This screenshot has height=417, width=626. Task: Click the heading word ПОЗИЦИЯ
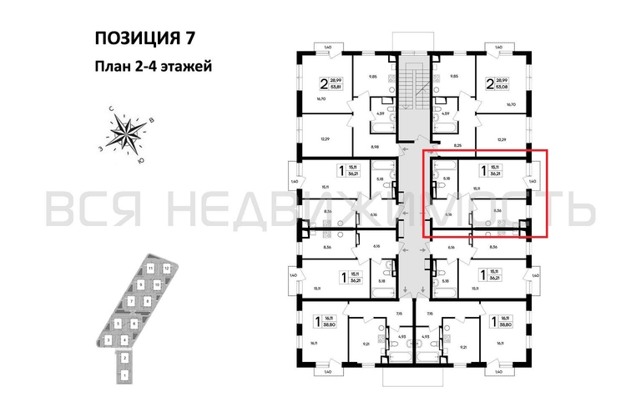[129, 38]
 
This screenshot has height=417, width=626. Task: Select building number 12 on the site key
[168, 269]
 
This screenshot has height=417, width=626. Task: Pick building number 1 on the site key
[124, 374]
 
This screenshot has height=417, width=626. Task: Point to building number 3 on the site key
[109, 339]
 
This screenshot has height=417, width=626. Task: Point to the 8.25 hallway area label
[457, 145]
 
